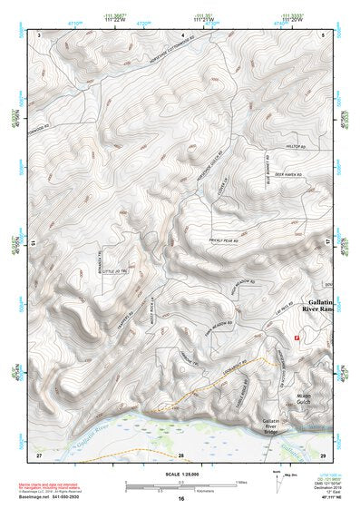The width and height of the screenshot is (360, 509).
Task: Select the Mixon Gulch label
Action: (x=311, y=400)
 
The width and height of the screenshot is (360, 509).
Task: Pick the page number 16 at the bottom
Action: (x=181, y=498)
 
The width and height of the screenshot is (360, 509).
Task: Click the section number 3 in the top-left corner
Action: (x=39, y=34)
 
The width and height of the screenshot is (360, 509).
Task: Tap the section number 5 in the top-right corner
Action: (x=323, y=34)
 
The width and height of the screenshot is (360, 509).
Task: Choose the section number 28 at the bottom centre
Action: (x=180, y=453)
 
